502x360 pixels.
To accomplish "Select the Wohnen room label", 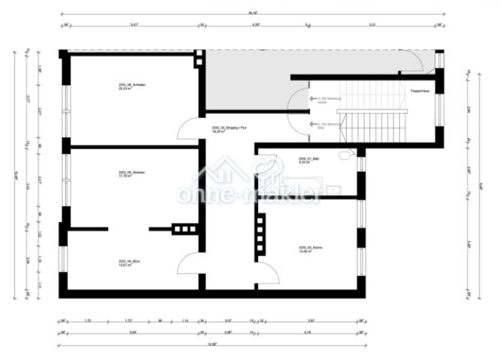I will [131, 174].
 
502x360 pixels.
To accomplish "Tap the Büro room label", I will [129, 262].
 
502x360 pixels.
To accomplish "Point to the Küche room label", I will [309, 249].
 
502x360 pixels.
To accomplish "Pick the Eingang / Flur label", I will [230, 129].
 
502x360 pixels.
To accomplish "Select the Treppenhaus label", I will [419, 91].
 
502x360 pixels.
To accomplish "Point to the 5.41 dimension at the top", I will [134, 25].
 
